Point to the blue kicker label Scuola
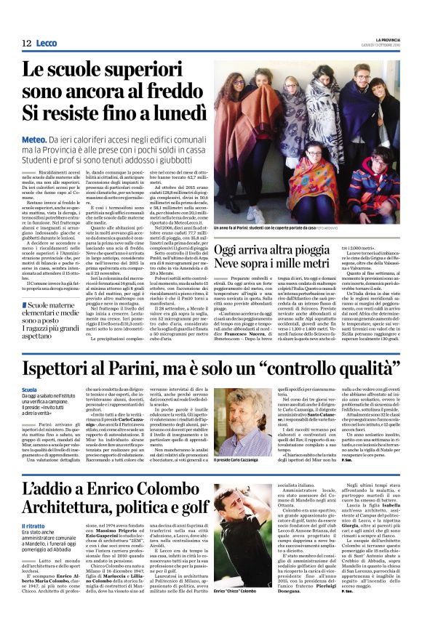30,391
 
